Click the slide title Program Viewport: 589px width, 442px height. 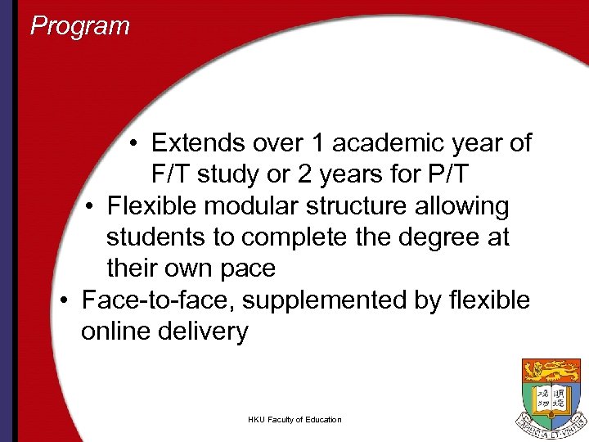point(79,26)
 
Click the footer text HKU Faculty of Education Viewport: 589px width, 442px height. point(294,420)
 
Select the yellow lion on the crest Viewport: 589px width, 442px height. point(551,372)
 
